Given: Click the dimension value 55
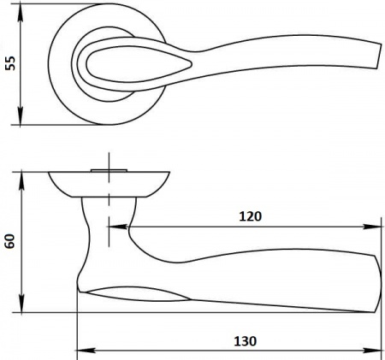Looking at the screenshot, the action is tap(11, 63).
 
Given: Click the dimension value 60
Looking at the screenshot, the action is tap(10, 241).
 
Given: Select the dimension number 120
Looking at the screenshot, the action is tap(250, 216).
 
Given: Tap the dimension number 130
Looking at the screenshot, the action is tap(246, 341).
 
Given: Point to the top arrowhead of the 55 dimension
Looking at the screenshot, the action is tap(21, 13).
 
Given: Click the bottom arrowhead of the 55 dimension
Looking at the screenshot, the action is tap(21, 115).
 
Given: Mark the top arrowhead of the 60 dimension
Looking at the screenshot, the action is tap(21, 181).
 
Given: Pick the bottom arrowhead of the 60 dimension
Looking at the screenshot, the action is tap(21, 304).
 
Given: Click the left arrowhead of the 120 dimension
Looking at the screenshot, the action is tap(117, 227).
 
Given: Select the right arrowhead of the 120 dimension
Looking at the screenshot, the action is tap(372, 227).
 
